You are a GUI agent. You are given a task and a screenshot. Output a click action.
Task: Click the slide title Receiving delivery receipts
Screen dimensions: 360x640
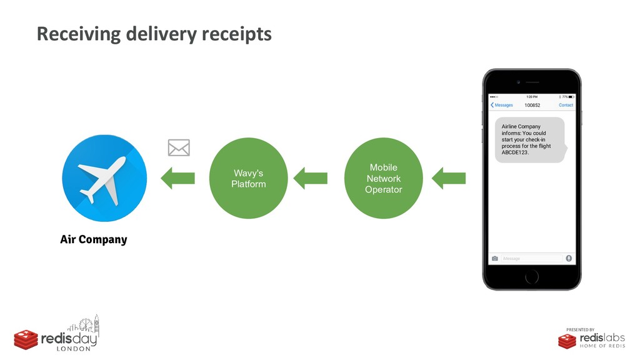154,34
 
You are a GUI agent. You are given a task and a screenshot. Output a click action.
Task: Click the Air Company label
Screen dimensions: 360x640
94,239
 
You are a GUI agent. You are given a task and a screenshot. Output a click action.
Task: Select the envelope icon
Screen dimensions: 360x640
179,148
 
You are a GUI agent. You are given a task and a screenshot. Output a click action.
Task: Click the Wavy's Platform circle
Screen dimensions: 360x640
249,179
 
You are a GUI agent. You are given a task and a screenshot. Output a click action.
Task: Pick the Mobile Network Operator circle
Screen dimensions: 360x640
383,179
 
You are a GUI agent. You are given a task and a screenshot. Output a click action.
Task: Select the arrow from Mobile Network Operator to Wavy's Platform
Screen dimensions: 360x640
310,178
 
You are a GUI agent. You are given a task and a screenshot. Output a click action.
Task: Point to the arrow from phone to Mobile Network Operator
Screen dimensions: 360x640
449,178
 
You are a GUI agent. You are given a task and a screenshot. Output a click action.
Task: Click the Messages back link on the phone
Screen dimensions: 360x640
502,105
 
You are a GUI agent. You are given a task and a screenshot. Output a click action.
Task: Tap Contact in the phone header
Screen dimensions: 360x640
566,105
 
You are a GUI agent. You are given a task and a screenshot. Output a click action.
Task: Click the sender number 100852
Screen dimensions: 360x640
532,105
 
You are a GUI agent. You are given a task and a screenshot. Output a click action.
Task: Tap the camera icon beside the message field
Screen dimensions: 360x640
495,258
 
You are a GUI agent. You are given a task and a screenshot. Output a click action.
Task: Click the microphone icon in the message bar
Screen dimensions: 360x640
569,258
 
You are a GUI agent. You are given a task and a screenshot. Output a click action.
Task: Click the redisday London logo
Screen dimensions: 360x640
57,335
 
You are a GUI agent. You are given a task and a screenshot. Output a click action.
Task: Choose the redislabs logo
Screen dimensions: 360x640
591,340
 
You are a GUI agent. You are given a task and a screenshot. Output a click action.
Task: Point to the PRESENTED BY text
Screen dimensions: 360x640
581,329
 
